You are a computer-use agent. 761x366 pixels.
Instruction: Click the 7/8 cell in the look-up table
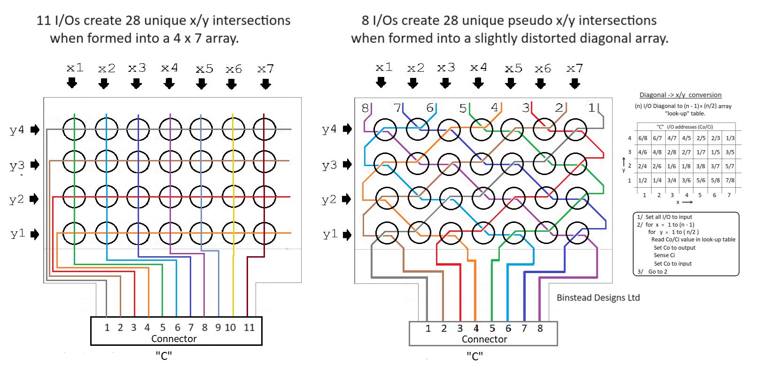coord(730,180)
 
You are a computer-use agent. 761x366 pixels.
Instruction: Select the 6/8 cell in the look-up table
coord(643,138)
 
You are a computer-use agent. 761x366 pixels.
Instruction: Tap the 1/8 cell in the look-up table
coord(686,166)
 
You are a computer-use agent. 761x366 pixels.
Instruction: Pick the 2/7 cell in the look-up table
coord(686,152)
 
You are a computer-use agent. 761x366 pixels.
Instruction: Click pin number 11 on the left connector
coord(249,328)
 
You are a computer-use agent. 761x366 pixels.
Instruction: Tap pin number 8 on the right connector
coord(540,328)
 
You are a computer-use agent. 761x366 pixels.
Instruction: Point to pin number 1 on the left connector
coord(107,328)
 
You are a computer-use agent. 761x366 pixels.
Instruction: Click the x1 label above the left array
coord(75,68)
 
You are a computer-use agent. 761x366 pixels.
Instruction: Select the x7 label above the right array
coord(574,69)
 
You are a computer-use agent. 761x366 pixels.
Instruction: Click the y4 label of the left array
coord(17,130)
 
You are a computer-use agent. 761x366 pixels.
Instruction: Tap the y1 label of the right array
coord(330,234)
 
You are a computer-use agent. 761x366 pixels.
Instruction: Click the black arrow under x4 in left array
coord(169,84)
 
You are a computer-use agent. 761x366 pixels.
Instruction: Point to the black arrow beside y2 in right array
coord(348,199)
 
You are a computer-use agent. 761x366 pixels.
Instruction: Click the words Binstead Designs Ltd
coord(598,297)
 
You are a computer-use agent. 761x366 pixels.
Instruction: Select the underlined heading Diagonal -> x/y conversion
coord(680,95)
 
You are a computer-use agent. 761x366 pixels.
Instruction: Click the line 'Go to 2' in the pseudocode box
coord(658,272)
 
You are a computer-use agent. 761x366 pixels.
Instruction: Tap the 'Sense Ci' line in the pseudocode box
coord(664,255)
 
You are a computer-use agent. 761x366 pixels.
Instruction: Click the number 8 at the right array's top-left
coord(365,108)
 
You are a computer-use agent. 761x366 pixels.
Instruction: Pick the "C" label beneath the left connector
coord(163,356)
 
